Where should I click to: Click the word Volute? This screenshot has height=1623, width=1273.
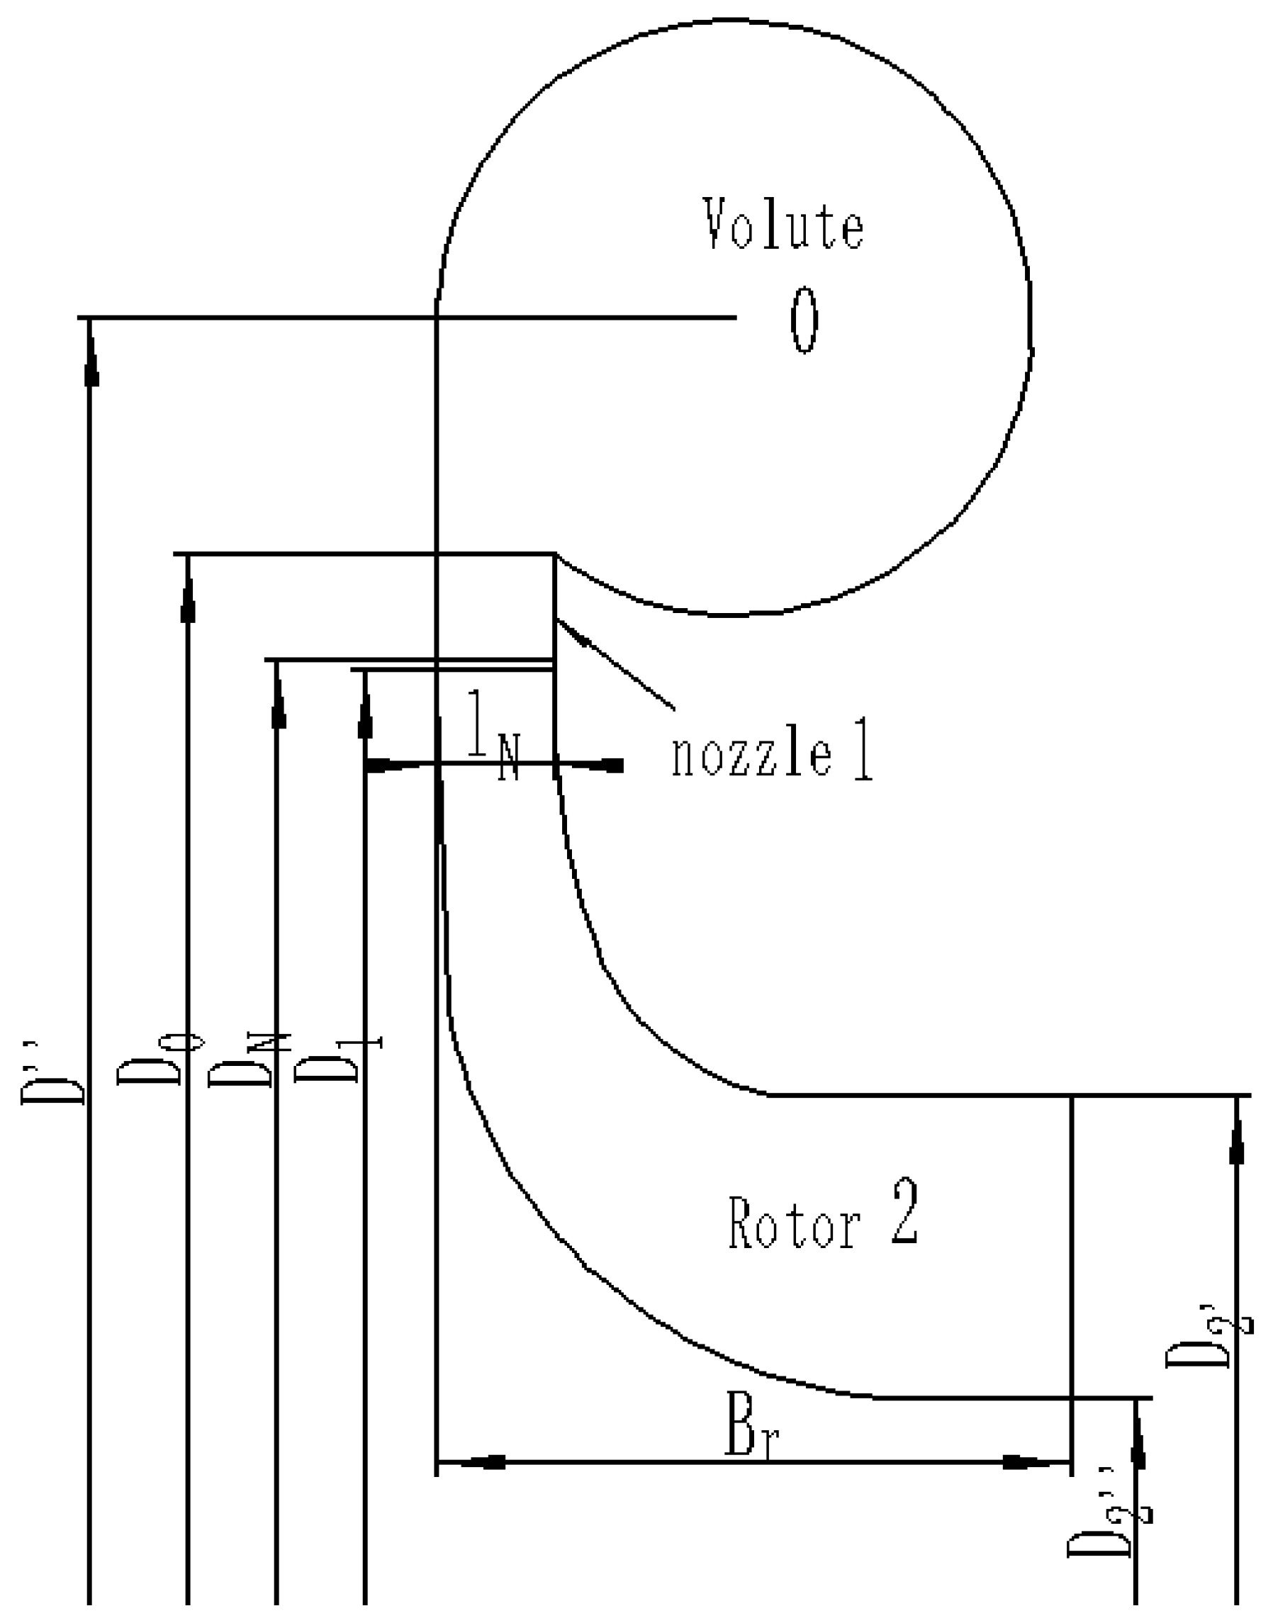(784, 224)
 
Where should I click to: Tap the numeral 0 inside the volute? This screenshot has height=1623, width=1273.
(804, 321)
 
